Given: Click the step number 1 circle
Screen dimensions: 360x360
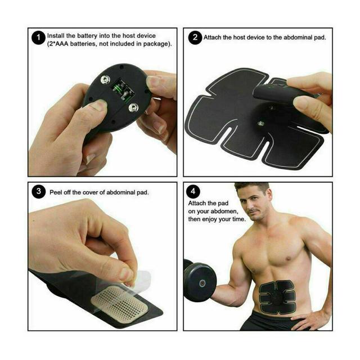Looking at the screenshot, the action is [x=38, y=38].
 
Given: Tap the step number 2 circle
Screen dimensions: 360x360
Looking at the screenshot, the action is [x=195, y=37].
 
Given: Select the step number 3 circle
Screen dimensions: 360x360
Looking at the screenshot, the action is [x=38, y=191].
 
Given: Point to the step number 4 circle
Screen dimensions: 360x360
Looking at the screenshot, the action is [x=193, y=191].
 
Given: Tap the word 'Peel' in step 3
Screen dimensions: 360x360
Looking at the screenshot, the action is [x=56, y=192].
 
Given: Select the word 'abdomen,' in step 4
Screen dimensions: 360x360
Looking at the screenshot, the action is [x=224, y=211].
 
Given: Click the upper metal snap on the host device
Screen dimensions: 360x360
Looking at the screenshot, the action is [x=105, y=80].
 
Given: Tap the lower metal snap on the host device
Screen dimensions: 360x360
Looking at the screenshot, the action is [x=133, y=107].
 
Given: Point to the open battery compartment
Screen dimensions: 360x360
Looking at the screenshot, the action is [x=123, y=90].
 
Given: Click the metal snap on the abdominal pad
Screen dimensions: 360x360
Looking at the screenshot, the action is [x=260, y=124].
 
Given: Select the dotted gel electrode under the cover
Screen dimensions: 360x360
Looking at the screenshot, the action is [x=120, y=303].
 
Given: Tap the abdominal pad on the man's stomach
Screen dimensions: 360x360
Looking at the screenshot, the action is [x=277, y=297].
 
